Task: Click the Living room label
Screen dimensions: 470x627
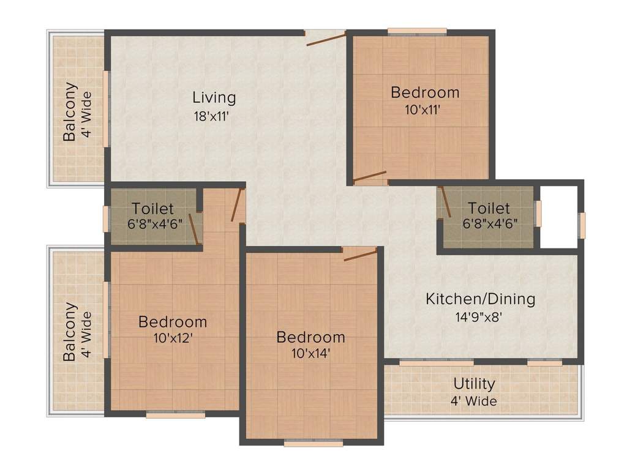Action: (x=214, y=97)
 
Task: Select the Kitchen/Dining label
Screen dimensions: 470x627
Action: (x=481, y=299)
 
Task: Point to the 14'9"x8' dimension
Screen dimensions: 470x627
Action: (x=481, y=317)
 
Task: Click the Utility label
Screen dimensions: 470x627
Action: (x=474, y=384)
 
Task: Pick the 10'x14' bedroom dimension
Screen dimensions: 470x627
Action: (x=310, y=353)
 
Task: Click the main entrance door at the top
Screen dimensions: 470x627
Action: (x=325, y=39)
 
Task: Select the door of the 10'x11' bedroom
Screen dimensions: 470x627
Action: (x=370, y=177)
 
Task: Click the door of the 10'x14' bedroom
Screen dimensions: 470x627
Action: (x=360, y=255)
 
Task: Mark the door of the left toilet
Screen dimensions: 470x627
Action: (x=195, y=228)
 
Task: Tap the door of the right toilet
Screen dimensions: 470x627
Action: (x=445, y=202)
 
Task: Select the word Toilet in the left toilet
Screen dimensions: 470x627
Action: (x=152, y=209)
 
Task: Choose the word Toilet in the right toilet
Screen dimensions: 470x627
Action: (x=489, y=208)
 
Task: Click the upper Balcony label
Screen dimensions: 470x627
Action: (x=71, y=111)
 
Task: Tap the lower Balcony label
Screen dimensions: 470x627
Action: (x=71, y=331)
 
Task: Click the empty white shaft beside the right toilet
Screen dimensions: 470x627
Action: (x=558, y=216)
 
